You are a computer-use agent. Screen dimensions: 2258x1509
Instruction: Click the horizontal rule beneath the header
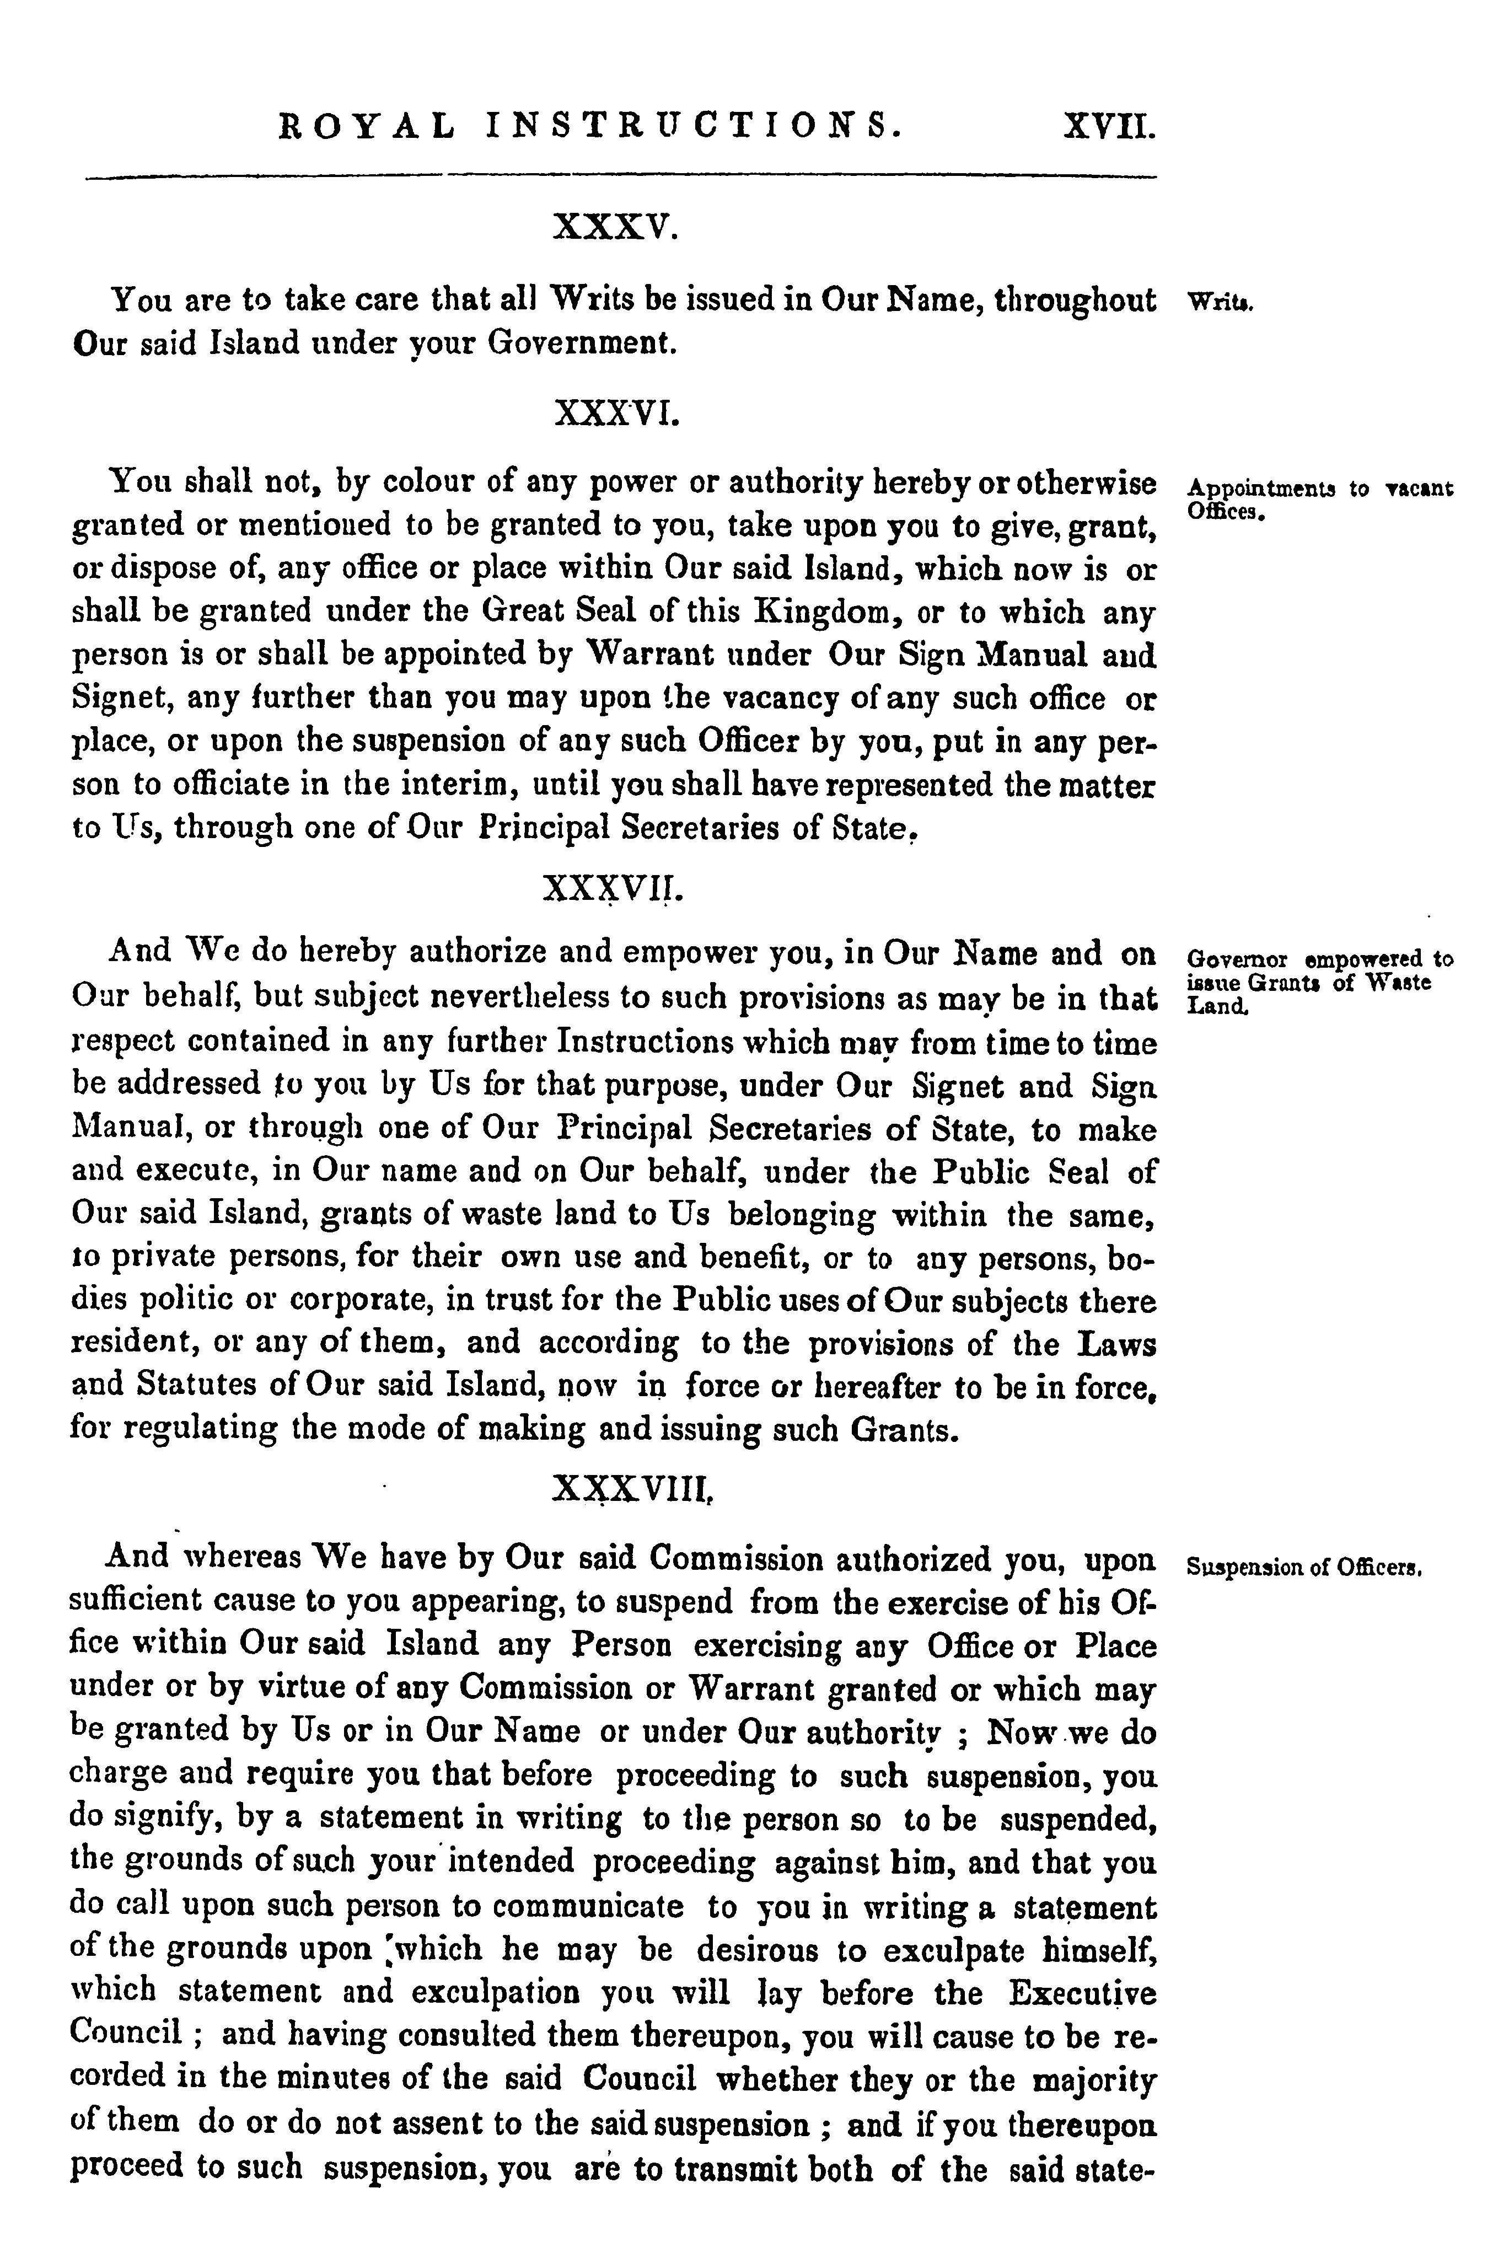coord(621,177)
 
